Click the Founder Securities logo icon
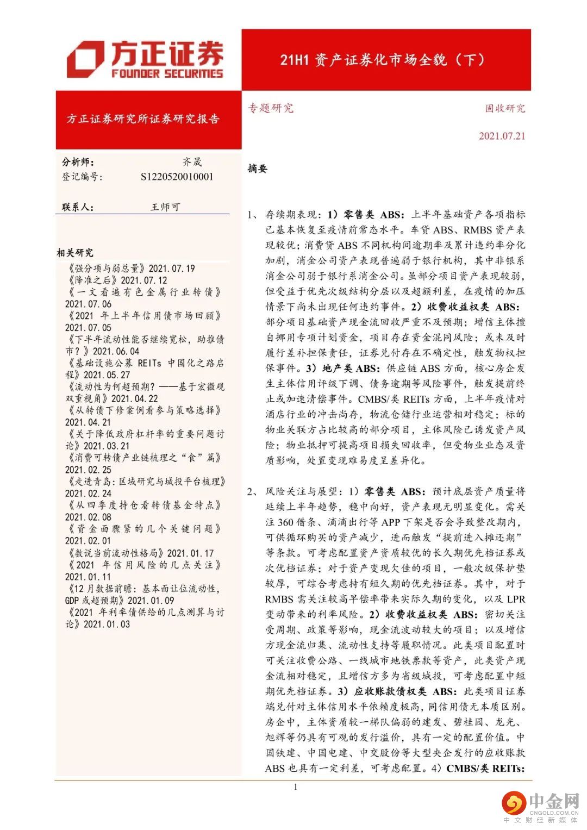[x=85, y=59]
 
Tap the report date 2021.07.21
[x=502, y=136]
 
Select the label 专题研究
[x=271, y=108]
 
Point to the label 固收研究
[x=505, y=108]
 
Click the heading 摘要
[x=258, y=169]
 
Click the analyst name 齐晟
[x=192, y=162]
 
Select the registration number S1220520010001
[x=177, y=177]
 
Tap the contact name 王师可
[x=165, y=207]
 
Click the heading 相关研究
[x=75, y=252]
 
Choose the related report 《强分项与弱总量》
[x=106, y=269]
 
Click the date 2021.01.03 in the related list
[x=107, y=624]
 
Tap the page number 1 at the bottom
[x=295, y=787]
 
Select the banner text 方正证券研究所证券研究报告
[x=143, y=119]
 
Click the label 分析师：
[x=78, y=162]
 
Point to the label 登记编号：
[x=82, y=177]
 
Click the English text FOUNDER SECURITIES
[x=167, y=74]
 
